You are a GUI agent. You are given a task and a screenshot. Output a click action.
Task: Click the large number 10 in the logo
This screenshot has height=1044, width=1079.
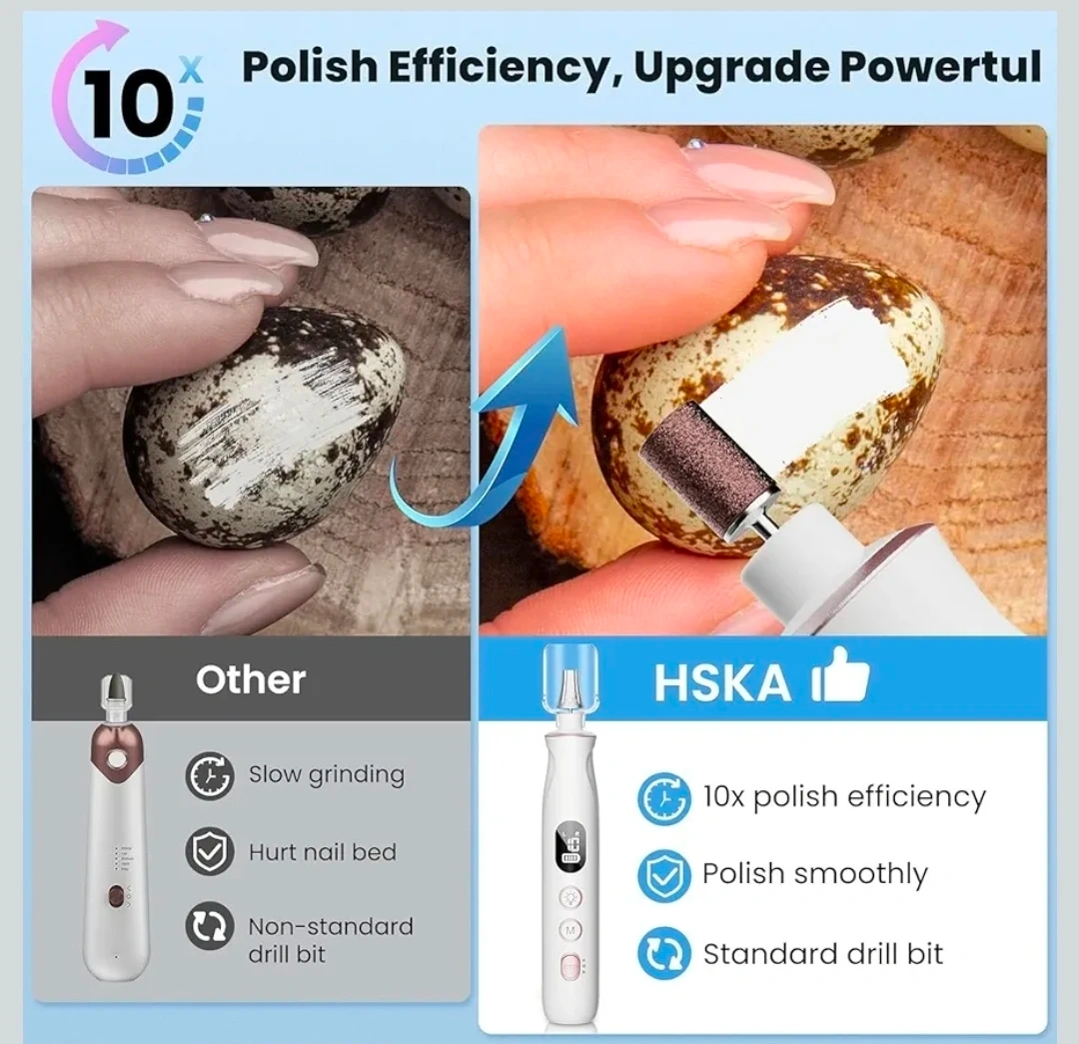point(127,104)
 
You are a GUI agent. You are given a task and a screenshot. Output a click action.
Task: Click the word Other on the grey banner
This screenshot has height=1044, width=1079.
point(251,680)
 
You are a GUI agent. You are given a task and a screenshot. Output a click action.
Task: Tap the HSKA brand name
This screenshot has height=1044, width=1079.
point(722,682)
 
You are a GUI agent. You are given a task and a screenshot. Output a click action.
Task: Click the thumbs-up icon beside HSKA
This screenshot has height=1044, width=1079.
point(840,675)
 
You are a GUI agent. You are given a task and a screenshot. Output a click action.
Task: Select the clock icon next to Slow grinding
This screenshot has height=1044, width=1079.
point(209,775)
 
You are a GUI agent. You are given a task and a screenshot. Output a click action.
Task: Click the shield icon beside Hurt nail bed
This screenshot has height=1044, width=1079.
point(209,851)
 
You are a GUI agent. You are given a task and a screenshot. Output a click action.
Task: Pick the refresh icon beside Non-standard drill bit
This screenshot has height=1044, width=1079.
point(209,926)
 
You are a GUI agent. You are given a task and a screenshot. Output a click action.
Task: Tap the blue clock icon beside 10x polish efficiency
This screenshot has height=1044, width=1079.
point(663,798)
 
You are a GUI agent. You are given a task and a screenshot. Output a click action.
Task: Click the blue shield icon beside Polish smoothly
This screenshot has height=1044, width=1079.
point(663,875)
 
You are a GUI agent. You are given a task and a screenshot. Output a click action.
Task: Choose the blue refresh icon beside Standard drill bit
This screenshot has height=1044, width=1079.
point(663,953)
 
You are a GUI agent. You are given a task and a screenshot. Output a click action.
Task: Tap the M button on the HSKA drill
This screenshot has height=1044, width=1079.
point(569,930)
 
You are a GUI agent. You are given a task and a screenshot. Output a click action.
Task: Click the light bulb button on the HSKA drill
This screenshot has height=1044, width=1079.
point(569,897)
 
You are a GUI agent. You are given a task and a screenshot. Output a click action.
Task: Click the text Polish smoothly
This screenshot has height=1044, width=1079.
point(815,874)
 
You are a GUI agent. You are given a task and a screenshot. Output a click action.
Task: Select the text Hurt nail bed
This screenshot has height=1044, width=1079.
point(323,852)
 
